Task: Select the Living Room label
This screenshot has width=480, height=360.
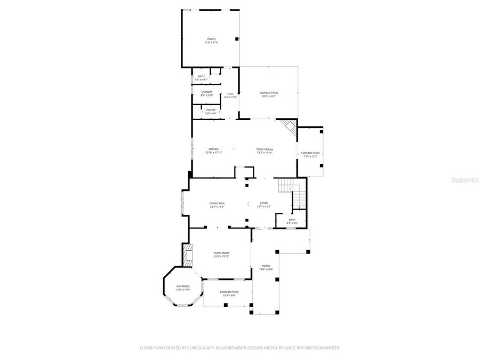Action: click(221, 254)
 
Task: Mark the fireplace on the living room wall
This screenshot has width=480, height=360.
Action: click(187, 254)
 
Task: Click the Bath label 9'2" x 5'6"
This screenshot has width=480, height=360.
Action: click(292, 221)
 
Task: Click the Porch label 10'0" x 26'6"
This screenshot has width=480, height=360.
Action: click(266, 267)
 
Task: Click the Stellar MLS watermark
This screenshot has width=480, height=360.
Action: click(465, 181)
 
